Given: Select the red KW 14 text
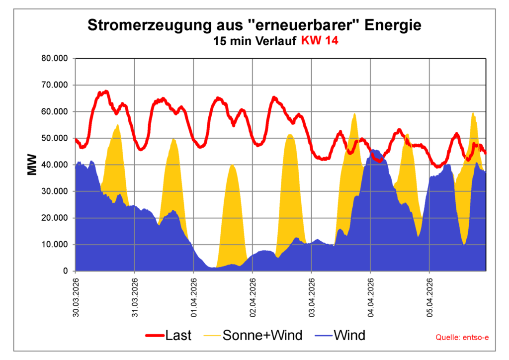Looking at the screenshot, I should click(x=320, y=41).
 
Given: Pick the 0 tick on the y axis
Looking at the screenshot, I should click(x=65, y=271).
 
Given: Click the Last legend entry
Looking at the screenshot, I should click(x=169, y=336).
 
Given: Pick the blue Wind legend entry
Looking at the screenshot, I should click(x=340, y=336).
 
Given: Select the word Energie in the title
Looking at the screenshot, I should click(x=393, y=25).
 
